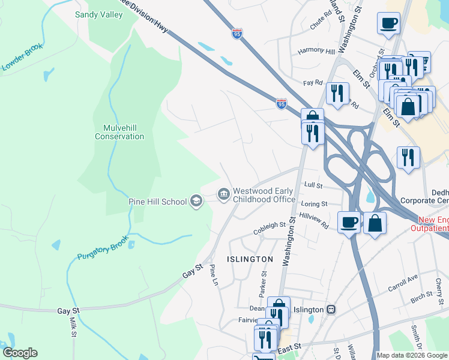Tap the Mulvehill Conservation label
(x=119, y=131)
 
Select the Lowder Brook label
(x=23, y=57)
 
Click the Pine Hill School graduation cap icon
(x=196, y=201)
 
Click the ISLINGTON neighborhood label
(x=250, y=259)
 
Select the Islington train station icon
(x=331, y=310)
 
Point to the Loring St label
(x=314, y=205)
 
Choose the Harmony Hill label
(x=316, y=51)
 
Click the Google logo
(x=20, y=353)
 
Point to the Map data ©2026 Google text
(x=412, y=355)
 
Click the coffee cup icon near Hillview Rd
(x=349, y=223)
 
